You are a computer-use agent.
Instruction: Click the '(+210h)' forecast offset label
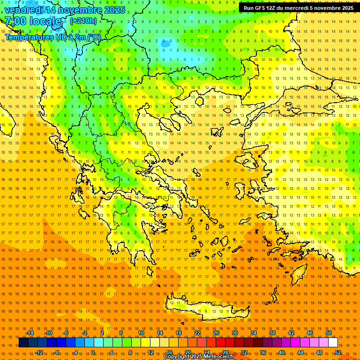83,21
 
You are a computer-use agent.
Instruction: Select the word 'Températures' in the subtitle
28,37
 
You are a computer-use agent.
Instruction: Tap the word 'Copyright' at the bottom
176,357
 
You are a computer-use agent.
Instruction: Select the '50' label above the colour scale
328,333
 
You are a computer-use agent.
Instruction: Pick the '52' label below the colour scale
338,352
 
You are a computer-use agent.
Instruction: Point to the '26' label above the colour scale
216,333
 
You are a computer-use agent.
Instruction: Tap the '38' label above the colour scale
272,333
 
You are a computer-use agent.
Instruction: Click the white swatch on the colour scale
333,343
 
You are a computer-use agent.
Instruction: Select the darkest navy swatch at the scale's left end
23,343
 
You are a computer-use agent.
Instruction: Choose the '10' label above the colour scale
141,333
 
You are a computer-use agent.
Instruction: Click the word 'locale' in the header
46,21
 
